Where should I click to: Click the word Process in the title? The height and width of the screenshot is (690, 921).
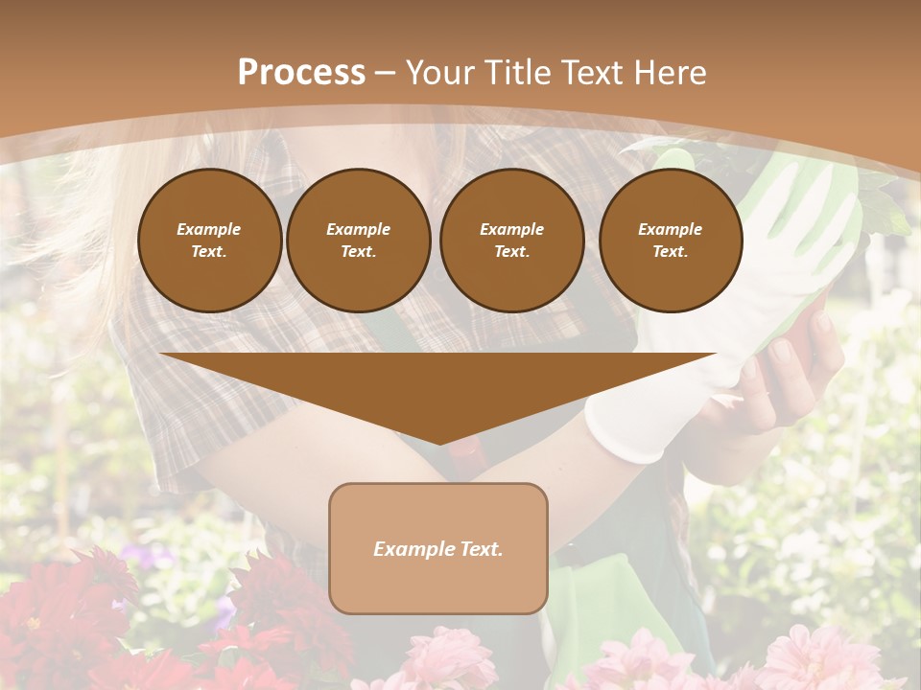[301, 73]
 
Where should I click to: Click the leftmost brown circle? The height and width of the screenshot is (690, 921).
[210, 241]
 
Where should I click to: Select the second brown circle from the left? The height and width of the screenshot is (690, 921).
[359, 241]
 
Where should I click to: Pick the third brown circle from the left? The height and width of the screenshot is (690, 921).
[511, 241]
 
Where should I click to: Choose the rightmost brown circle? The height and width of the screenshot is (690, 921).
[671, 241]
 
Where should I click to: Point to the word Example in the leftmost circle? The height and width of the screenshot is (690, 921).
[209, 229]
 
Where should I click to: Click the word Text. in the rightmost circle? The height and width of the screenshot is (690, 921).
[671, 252]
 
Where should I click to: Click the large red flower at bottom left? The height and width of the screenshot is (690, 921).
[58, 613]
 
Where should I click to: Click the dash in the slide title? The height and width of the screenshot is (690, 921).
[386, 73]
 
